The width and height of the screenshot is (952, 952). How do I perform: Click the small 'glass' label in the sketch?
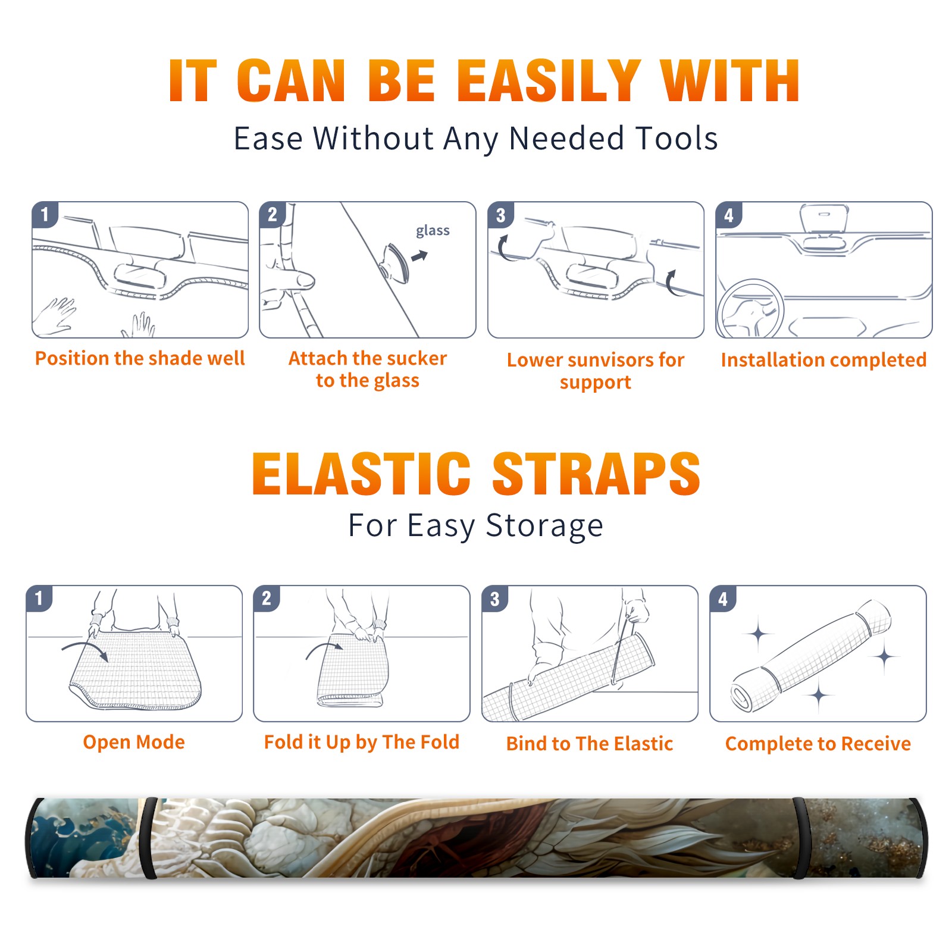(x=433, y=231)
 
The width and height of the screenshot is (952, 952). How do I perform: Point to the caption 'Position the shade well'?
(x=140, y=358)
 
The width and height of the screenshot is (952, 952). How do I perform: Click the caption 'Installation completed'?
(x=823, y=359)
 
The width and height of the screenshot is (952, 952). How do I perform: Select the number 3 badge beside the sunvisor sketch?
(x=500, y=215)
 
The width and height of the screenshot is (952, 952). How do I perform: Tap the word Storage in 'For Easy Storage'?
(x=544, y=526)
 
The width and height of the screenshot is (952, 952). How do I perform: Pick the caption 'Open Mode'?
(x=134, y=742)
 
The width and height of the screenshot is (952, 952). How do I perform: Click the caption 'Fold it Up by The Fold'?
(x=362, y=743)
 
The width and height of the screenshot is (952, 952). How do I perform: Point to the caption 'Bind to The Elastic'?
(x=590, y=744)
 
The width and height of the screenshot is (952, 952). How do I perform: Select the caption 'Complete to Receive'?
(x=818, y=744)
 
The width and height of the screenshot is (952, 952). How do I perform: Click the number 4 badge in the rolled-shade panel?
(x=723, y=599)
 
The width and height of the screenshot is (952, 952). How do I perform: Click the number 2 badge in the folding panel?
(x=267, y=598)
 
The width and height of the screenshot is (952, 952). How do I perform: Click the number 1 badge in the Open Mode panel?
(x=39, y=598)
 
